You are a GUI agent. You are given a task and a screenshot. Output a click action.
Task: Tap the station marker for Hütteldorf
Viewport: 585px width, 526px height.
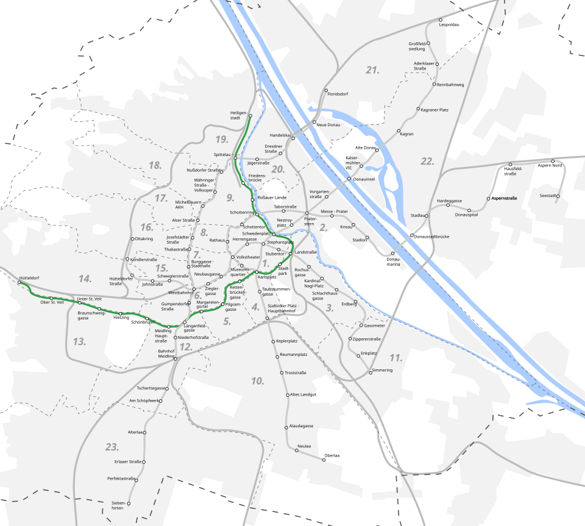pyautogui.click(x=20, y=283)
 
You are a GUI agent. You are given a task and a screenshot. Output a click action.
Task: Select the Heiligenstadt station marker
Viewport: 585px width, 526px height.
pyautogui.click(x=250, y=116)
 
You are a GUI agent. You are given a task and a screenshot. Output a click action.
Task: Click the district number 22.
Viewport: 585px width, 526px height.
pyautogui.click(x=427, y=161)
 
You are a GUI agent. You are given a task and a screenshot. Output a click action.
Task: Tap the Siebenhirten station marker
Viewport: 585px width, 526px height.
pyautogui.click(x=129, y=503)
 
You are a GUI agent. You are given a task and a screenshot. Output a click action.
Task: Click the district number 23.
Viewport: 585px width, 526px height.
pyautogui.click(x=112, y=447)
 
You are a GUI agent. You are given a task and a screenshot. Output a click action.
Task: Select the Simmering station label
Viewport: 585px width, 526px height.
pyautogui.click(x=382, y=370)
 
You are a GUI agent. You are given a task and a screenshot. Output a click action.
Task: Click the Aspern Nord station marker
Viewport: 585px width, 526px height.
pyautogui.click(x=553, y=161)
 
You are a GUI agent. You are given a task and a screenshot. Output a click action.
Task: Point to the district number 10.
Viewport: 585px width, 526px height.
pyautogui.click(x=257, y=381)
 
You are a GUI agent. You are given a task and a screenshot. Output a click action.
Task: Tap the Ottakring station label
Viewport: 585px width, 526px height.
pyautogui.click(x=144, y=239)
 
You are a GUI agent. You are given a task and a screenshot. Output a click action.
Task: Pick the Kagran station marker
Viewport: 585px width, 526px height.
pyautogui.click(x=399, y=131)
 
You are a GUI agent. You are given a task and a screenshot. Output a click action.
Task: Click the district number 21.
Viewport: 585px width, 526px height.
pyautogui.click(x=372, y=70)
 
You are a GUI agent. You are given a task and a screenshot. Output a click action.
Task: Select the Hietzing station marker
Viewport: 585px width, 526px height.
pyautogui.click(x=121, y=314)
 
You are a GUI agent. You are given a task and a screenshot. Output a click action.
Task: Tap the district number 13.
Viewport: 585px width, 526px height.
pyautogui.click(x=79, y=341)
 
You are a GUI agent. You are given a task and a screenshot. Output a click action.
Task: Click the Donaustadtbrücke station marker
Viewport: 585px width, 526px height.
pyautogui.click(x=413, y=236)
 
